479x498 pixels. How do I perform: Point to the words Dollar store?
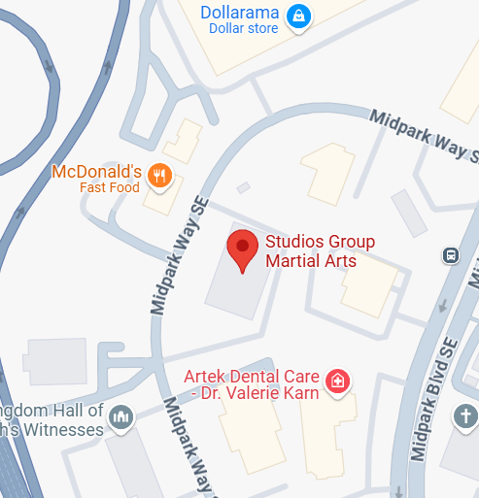click(243, 29)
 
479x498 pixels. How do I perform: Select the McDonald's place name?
click(96, 172)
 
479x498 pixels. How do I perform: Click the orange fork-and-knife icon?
click(160, 176)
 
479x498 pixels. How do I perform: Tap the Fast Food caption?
click(110, 188)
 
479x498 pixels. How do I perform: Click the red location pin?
click(241, 249)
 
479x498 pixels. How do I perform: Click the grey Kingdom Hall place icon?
click(121, 417)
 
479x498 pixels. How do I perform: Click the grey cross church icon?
click(465, 418)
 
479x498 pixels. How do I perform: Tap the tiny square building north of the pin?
click(243, 187)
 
